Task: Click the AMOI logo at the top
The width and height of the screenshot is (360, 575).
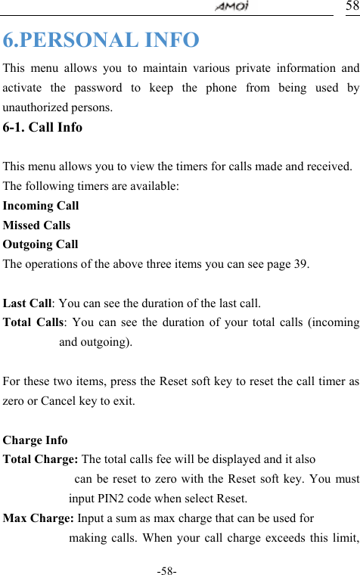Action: tap(234, 7)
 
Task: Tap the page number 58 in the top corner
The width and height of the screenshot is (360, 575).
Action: tap(352, 6)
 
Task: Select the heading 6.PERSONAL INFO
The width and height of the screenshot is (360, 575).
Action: tap(101, 39)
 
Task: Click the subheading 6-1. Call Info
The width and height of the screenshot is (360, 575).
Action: tap(43, 127)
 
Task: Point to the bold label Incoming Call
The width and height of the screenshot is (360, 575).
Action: tap(41, 206)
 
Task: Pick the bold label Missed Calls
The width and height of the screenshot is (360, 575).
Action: tap(37, 225)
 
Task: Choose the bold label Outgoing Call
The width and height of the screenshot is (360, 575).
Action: tap(41, 245)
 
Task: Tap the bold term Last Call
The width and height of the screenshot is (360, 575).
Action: tap(27, 304)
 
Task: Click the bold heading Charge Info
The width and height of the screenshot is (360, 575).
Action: tap(36, 440)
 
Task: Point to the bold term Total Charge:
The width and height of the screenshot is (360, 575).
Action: tap(41, 460)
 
